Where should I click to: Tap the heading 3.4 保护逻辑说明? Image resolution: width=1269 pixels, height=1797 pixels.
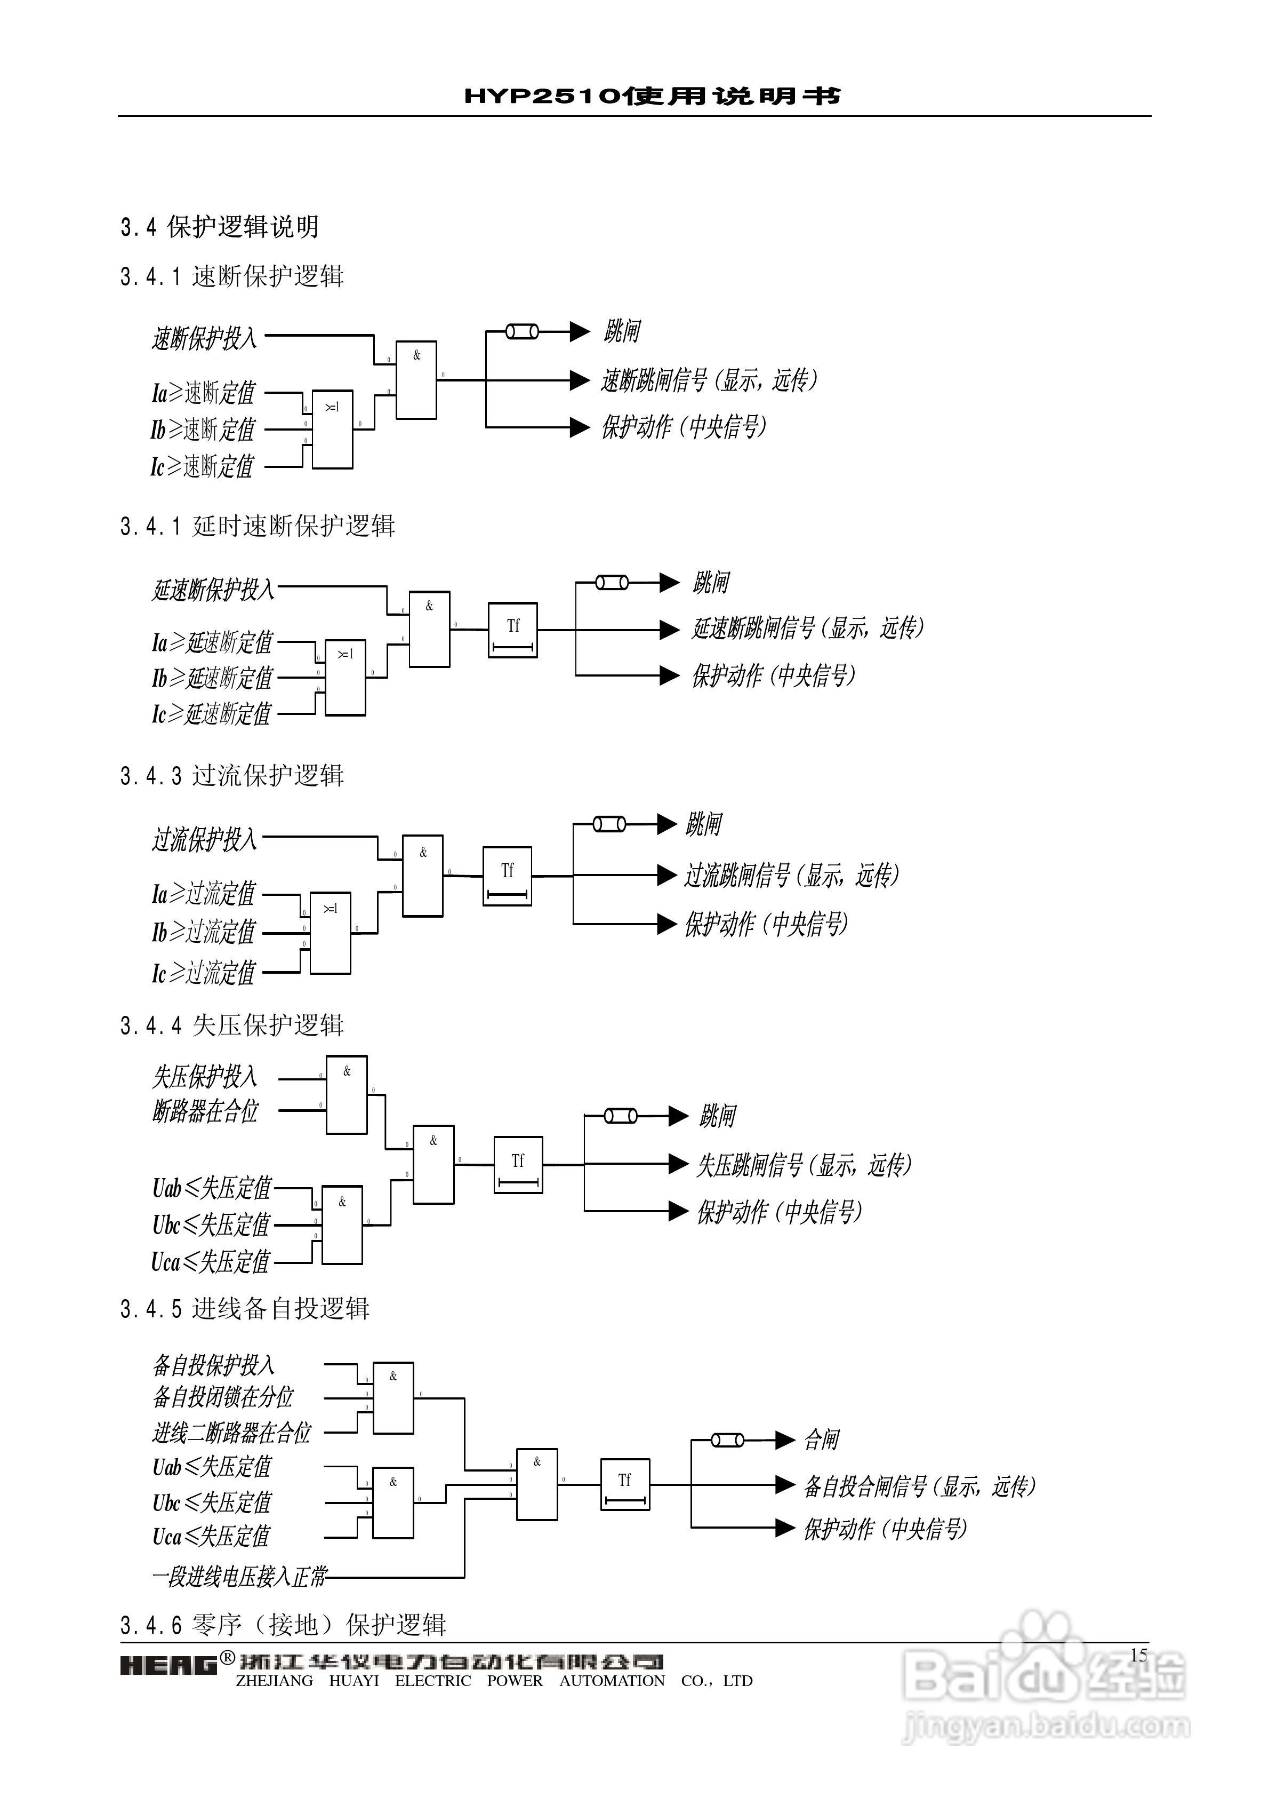coord(219,227)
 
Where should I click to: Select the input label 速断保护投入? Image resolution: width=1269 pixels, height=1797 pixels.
coord(204,338)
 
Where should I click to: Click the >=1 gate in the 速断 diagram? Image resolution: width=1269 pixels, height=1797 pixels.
coord(333,430)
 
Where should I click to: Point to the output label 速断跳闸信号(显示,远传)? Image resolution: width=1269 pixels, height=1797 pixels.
coord(709,380)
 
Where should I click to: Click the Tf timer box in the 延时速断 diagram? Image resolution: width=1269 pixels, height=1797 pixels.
coord(512,630)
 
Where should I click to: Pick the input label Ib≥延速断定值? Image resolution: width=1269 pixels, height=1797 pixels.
coord(212,678)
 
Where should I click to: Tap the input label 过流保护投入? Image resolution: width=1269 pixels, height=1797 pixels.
coord(204,840)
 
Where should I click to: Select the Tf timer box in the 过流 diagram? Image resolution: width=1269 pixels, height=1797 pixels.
coord(507,876)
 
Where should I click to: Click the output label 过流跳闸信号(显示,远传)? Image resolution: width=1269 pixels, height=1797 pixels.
coord(792,875)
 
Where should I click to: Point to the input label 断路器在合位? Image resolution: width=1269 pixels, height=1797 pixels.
coord(205,1111)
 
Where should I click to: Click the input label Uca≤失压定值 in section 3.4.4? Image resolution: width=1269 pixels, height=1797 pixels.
coord(211,1262)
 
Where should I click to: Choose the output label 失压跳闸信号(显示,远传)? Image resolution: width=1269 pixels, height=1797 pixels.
coord(804,1165)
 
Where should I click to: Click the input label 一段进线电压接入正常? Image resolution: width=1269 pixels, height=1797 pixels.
coord(239,1576)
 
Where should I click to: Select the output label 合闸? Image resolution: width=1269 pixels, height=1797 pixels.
coord(822,1440)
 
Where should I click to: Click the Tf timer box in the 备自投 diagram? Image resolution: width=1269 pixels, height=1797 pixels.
coord(624,1484)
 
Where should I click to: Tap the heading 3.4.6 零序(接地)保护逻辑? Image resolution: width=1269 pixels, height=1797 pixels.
coord(283,1625)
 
